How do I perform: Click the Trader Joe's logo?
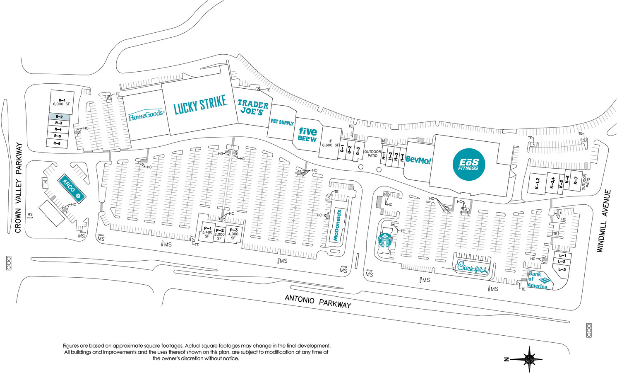coord(253,107)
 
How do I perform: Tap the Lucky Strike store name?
coord(200,104)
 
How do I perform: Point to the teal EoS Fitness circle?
coord(469,165)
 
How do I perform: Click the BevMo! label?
coord(418,160)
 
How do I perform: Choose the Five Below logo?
coord(307,135)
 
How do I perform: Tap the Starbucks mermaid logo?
coord(385,240)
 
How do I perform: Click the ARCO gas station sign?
coord(72,189)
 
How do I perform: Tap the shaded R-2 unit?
coord(59,117)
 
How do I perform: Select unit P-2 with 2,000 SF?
coord(220,234)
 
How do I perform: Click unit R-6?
coord(57,143)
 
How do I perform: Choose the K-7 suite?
coord(575,181)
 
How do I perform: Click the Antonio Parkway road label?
coord(318,301)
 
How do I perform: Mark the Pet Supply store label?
coord(282,122)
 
